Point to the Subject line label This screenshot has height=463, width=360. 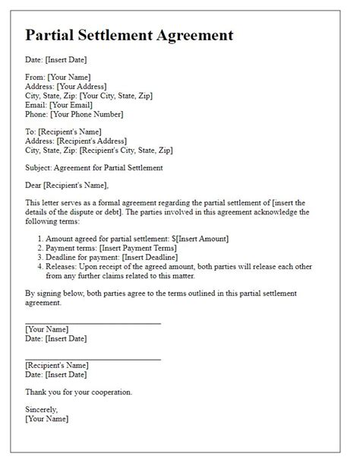pos(40,166)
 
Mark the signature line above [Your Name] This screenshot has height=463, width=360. pos(93,324)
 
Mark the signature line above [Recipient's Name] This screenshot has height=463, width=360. pos(93,360)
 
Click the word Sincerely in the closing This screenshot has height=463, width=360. pos(43,409)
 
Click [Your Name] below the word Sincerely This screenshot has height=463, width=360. pos(46,418)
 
